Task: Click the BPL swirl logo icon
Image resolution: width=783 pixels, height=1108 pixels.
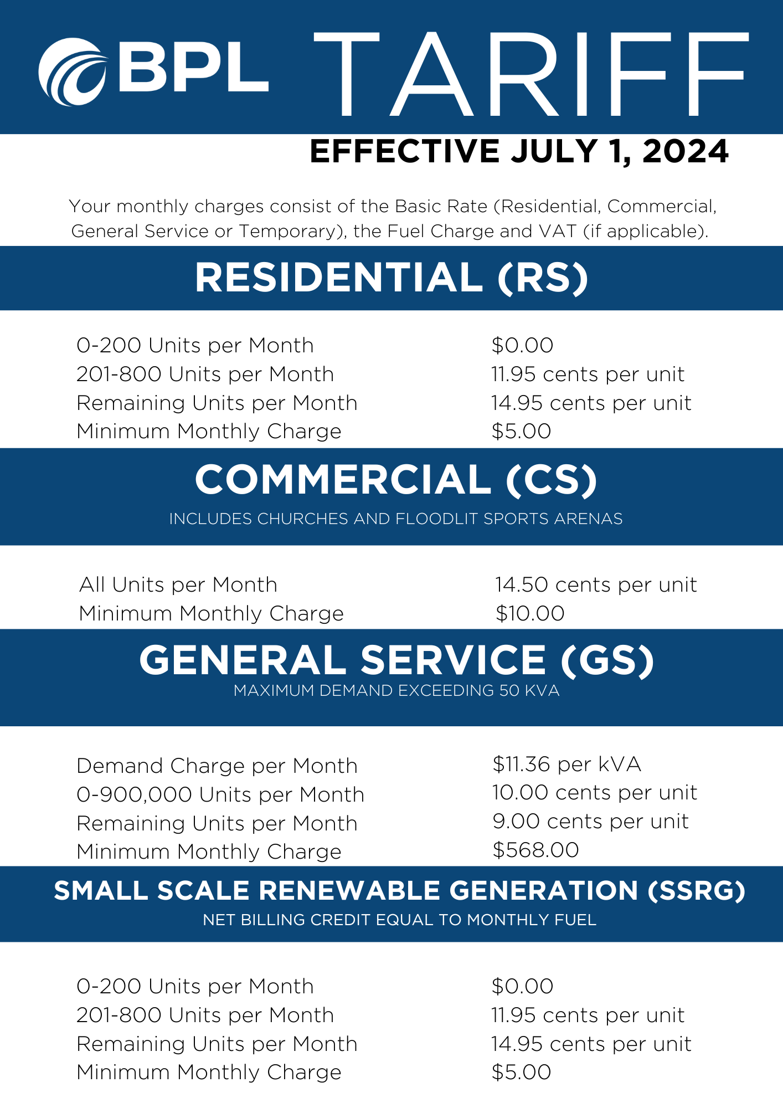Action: tap(72, 72)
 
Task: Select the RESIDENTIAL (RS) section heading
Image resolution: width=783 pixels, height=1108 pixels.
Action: tap(391, 278)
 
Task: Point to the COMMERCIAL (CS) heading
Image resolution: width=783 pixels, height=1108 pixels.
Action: tap(396, 480)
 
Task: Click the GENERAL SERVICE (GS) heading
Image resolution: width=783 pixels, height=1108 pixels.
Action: tap(396, 660)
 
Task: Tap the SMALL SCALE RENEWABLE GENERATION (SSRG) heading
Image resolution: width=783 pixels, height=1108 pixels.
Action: tap(399, 891)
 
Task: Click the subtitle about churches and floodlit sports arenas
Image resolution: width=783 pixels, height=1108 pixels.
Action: tap(396, 519)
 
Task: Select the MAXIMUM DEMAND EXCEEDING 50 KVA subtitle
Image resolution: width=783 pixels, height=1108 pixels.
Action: tap(396, 691)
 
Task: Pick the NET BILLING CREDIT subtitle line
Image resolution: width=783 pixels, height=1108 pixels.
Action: tap(399, 920)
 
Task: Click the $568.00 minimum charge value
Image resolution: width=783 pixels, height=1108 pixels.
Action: tap(535, 850)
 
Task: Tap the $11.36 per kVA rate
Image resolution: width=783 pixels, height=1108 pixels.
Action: tap(566, 765)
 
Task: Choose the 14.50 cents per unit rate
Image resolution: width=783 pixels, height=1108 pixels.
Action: tap(595, 585)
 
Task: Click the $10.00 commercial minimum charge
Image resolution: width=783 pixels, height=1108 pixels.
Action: tap(530, 614)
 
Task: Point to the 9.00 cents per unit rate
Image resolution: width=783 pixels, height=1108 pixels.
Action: tap(590, 822)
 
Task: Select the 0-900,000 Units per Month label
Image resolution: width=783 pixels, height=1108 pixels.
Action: tap(220, 795)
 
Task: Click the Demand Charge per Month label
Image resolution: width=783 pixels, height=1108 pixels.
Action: tap(217, 766)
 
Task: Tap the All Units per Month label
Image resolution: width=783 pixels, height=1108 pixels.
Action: tap(178, 585)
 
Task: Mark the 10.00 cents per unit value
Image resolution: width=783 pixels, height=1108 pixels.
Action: tap(594, 793)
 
